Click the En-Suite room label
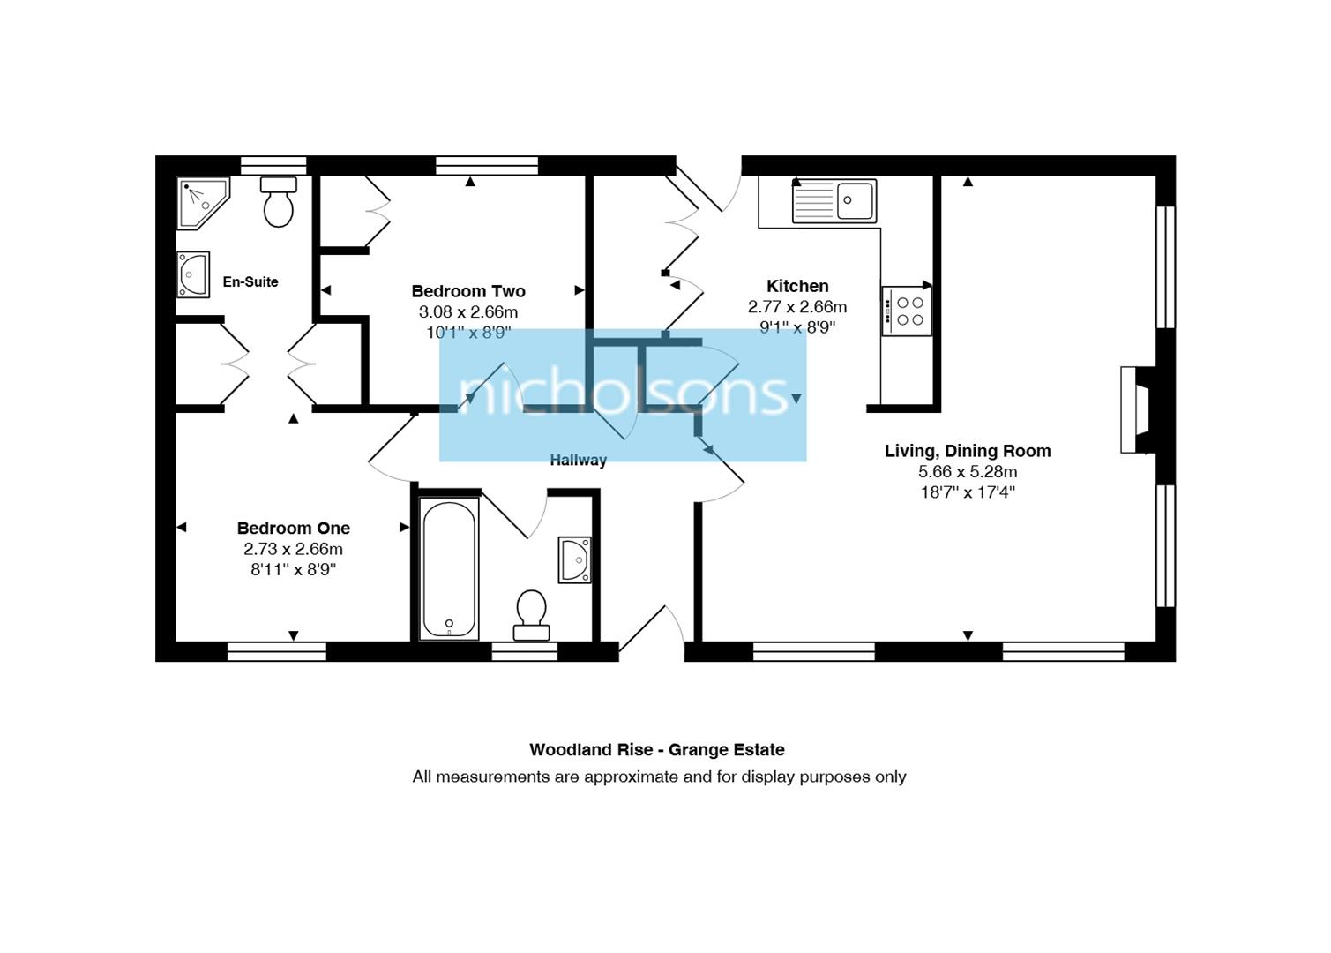[250, 282]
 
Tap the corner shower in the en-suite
[202, 202]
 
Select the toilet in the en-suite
[279, 202]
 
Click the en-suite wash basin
[193, 274]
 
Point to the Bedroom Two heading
[468, 291]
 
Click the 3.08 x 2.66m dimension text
[468, 312]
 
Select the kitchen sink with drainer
[834, 201]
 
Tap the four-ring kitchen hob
[907, 311]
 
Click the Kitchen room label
[797, 286]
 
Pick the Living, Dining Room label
[968, 451]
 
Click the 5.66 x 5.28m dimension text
[968, 472]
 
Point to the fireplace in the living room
[1136, 409]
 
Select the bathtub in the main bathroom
[450, 569]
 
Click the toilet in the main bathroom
[531, 615]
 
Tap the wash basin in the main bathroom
[574, 559]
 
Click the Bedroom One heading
[294, 529]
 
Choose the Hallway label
[578, 461]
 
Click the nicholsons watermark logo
[623, 394]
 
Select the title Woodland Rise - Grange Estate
[657, 750]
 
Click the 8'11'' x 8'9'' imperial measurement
[294, 570]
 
